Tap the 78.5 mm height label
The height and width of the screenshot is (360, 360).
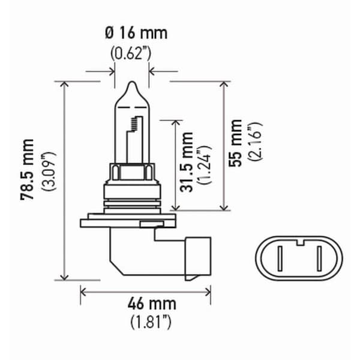point(28,179)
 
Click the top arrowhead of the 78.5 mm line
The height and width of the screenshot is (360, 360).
point(65,85)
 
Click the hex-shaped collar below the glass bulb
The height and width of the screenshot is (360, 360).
point(131,172)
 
